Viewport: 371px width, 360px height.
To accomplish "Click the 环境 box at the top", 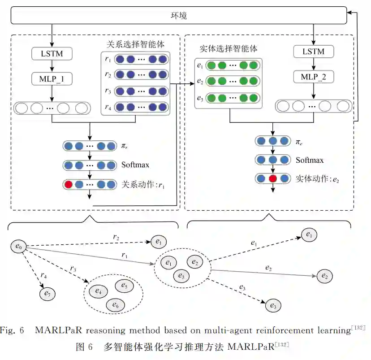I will coord(179,16).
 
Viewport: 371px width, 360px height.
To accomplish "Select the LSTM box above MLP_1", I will coord(52,54).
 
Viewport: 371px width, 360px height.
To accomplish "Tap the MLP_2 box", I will coord(314,77).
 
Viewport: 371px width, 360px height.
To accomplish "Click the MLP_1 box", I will coord(52,79).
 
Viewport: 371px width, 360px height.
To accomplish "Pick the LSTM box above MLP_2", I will coord(314,52).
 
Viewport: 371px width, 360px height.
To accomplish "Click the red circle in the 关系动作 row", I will coord(68,184).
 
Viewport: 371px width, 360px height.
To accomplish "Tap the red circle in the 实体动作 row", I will coord(272,178).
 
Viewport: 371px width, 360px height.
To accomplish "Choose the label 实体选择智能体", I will coord(229,48).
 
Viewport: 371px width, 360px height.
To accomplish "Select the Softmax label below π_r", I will coord(135,165).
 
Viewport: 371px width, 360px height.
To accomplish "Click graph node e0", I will coord(18,246).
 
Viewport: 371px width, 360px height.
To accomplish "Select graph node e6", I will coord(115,305).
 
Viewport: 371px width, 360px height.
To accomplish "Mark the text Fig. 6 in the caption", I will coord(15,330).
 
